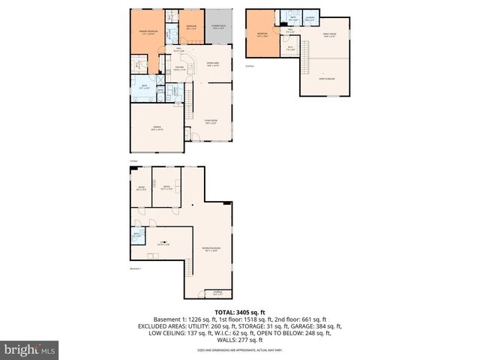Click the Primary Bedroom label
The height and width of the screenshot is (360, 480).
tap(147, 32)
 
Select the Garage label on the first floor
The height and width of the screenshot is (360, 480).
tap(157, 129)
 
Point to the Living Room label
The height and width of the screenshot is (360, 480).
tap(211, 121)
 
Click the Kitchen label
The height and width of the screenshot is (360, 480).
tap(180, 69)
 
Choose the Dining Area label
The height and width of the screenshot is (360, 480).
tap(212, 64)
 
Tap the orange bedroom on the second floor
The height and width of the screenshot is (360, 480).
tap(262, 34)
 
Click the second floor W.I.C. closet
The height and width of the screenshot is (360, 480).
tap(289, 49)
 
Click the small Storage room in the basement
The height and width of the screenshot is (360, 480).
tap(217, 293)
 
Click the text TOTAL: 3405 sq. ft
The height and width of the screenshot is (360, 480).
tap(239, 312)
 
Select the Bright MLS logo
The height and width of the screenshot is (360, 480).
tap(30, 349)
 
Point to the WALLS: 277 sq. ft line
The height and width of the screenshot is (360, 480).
tap(239, 340)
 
